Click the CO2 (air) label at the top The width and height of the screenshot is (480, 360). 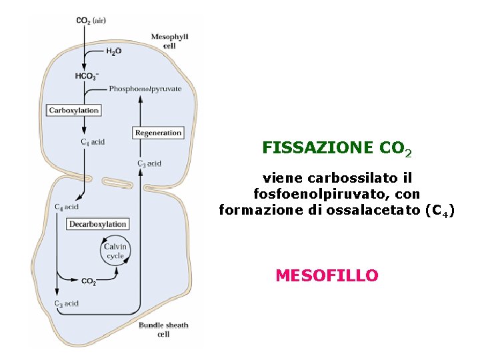91,21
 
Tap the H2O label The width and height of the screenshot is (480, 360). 113,51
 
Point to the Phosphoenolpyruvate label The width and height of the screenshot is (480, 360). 145,89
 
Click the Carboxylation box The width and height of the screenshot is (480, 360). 74,110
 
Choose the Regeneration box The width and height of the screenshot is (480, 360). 158,133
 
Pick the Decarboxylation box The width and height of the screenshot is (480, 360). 97,224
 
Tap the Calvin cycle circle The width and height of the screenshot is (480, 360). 115,251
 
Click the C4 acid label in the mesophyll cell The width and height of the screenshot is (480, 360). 93,142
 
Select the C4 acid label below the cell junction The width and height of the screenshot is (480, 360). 67,207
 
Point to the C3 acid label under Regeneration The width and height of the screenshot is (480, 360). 149,163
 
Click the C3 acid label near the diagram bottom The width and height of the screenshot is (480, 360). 67,303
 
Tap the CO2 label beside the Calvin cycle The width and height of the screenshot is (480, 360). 89,281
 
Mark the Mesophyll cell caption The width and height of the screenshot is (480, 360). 169,41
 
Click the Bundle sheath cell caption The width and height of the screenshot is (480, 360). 163,329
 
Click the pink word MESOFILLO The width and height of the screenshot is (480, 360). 327,275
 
